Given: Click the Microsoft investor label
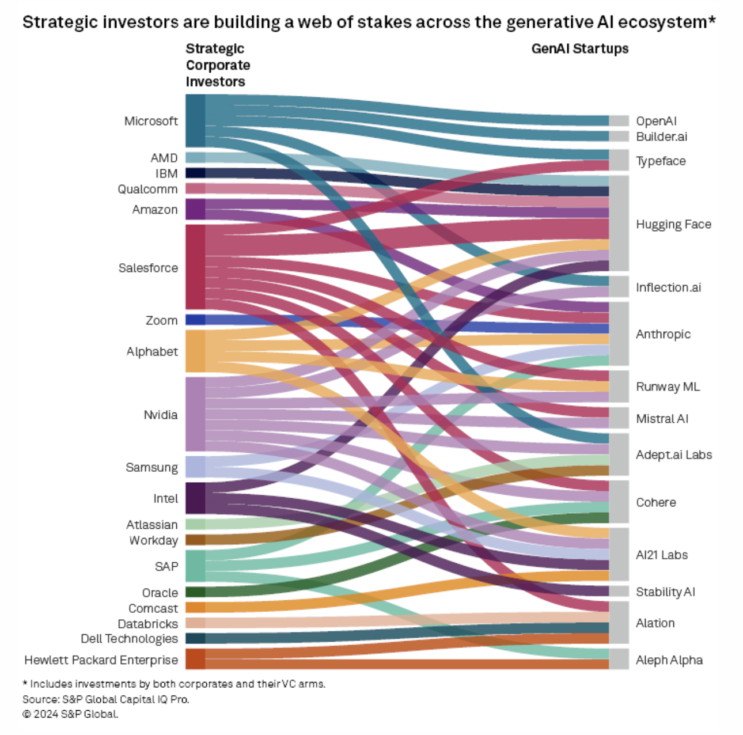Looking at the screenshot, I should [x=151, y=121].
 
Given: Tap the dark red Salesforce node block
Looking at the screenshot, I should [x=195, y=267].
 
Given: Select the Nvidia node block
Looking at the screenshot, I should [x=195, y=414].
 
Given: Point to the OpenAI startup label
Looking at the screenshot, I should [x=656, y=121].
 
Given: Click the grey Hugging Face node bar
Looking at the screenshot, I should [x=619, y=223].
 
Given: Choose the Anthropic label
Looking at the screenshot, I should [x=663, y=334].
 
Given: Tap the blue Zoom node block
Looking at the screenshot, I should [x=195, y=320].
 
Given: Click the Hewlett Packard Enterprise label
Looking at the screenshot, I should [x=101, y=660].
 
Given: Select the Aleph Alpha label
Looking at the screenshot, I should [x=669, y=660].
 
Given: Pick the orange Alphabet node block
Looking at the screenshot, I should [x=195, y=351].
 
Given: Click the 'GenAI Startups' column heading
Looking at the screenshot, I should [x=579, y=49].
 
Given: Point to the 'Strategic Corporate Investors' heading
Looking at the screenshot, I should [x=218, y=65].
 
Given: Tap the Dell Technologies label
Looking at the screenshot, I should [x=129, y=639].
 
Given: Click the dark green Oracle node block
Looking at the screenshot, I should [x=195, y=592].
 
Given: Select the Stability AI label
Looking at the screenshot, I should [x=665, y=592].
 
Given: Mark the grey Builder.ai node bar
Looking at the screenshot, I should [x=619, y=137].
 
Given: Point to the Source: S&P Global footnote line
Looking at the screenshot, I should [x=106, y=699].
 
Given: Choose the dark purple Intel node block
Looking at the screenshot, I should [x=195, y=498].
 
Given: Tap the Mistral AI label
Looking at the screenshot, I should [x=662, y=419].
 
